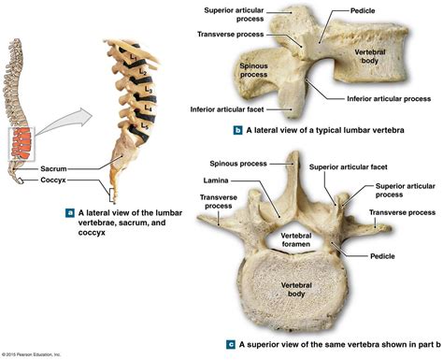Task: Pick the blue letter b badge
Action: click(x=240, y=131)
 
